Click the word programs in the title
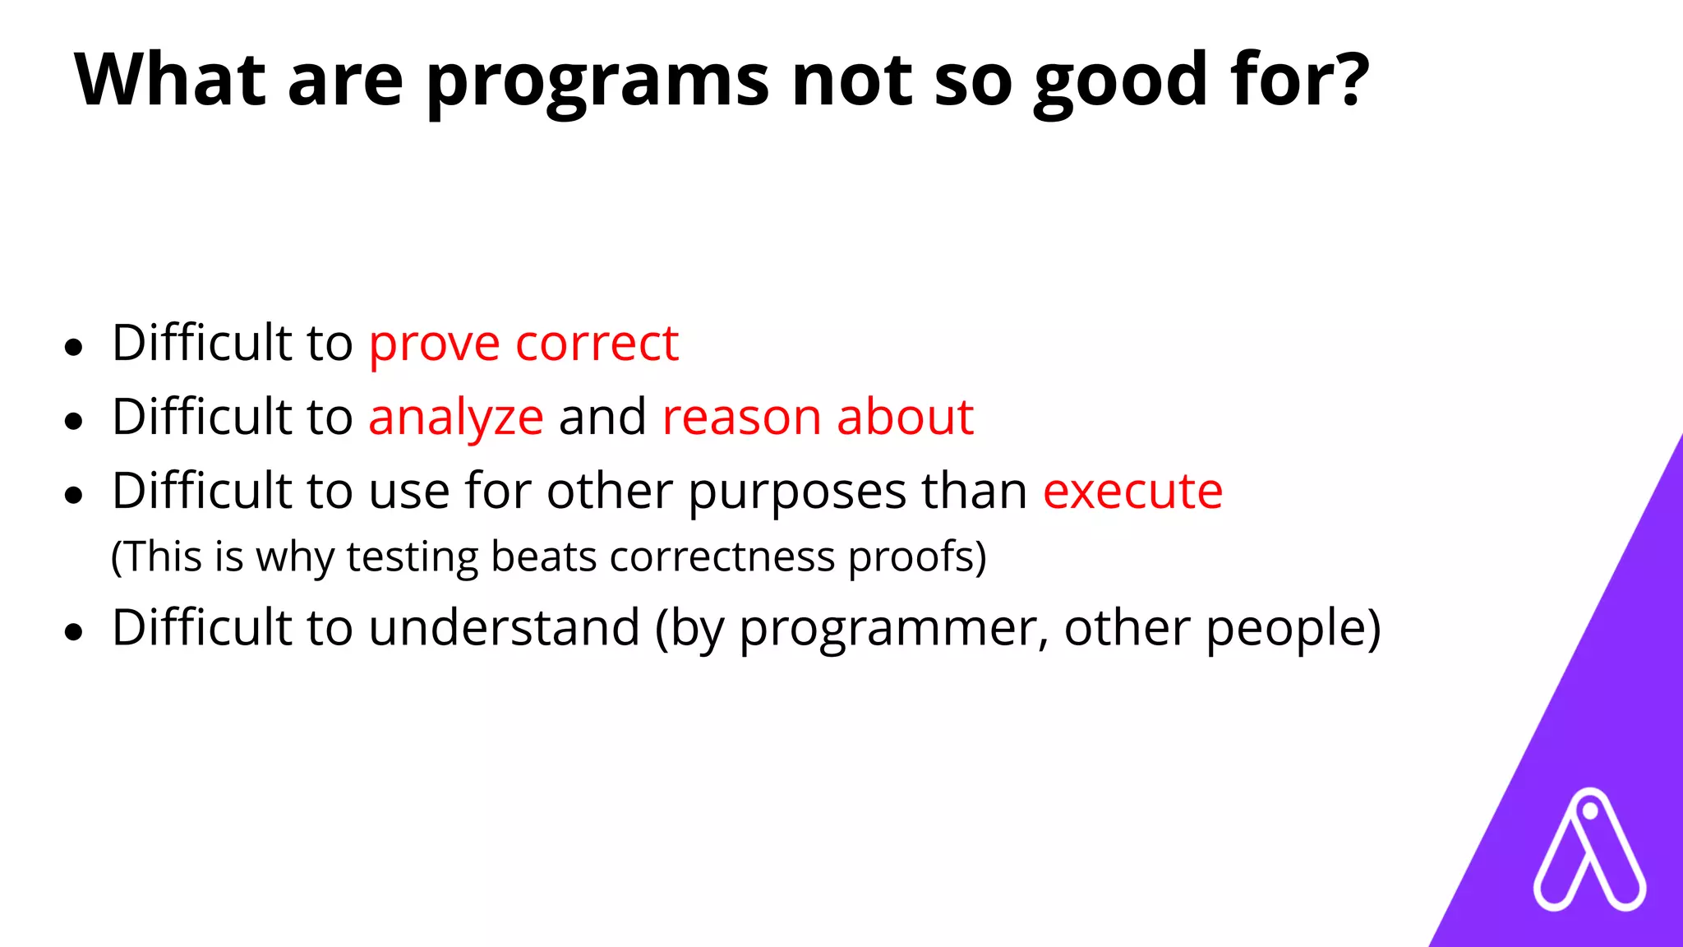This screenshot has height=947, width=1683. pyautogui.click(x=597, y=82)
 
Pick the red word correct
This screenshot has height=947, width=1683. pyautogui.click(x=597, y=344)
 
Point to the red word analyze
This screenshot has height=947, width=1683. pyautogui.click(x=455, y=418)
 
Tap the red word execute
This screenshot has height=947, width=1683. pyautogui.click(x=1132, y=492)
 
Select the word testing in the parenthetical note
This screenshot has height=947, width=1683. pyautogui.click(x=413, y=557)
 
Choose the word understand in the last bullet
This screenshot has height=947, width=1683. pyautogui.click(x=504, y=628)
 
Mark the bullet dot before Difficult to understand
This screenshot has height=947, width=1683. pyautogui.click(x=74, y=631)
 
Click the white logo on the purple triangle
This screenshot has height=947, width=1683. pyautogui.click(x=1589, y=852)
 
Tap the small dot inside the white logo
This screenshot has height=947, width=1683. pyautogui.click(x=1589, y=812)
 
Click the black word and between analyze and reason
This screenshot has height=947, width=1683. pyautogui.click(x=602, y=417)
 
